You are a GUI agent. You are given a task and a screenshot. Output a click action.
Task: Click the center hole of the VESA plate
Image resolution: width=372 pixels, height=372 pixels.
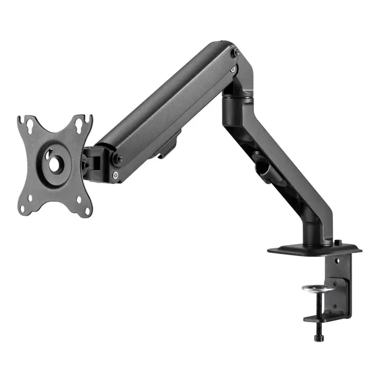point(55,163)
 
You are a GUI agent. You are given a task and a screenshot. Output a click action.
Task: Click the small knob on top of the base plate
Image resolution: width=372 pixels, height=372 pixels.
point(338,242)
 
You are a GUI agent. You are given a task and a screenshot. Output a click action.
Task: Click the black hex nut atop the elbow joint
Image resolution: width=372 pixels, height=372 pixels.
point(236,53)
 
